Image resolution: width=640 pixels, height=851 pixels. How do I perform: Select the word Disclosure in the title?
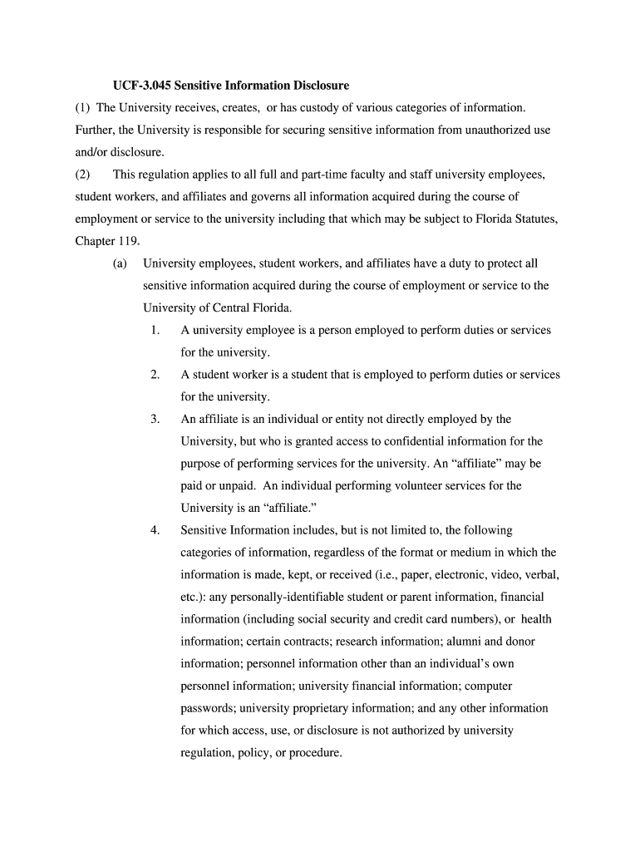click(x=320, y=86)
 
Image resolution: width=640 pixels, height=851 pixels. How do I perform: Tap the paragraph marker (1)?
click(x=83, y=108)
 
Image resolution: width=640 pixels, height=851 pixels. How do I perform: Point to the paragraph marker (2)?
click(x=83, y=175)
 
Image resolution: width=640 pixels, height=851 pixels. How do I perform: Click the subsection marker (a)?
click(x=121, y=263)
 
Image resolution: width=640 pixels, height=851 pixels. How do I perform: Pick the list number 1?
click(x=155, y=330)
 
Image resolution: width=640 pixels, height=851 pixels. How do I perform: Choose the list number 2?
click(x=155, y=375)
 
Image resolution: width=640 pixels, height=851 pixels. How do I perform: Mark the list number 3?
click(x=155, y=419)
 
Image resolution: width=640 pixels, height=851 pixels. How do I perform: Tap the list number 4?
click(x=155, y=530)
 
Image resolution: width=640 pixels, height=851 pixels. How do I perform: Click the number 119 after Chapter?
click(x=129, y=241)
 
